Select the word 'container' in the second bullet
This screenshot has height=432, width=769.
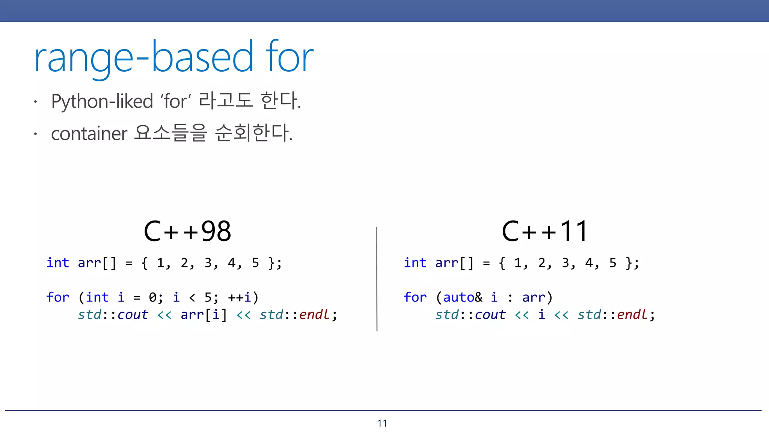(x=89, y=134)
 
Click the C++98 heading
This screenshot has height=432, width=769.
(x=187, y=231)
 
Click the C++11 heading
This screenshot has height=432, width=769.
(x=544, y=231)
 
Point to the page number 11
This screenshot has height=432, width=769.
(x=382, y=423)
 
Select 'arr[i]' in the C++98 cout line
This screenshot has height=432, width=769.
(x=204, y=315)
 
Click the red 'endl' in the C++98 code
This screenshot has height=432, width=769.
(x=314, y=315)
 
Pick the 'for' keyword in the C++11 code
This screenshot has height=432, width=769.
(x=415, y=297)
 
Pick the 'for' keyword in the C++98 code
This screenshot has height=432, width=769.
(x=58, y=297)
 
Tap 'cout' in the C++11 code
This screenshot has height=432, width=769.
(x=490, y=315)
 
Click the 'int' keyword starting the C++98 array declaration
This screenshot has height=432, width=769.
(x=58, y=263)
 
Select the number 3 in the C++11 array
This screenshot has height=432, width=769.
(x=565, y=263)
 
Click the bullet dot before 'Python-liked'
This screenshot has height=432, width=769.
(x=35, y=102)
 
